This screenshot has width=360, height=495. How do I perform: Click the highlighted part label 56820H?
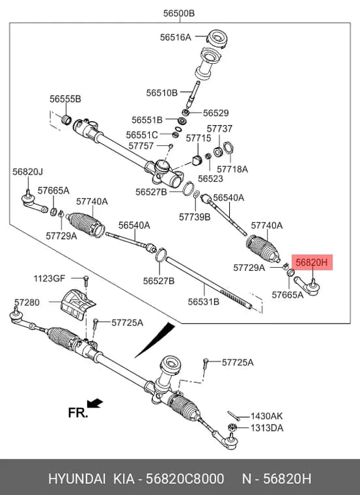click(x=312, y=262)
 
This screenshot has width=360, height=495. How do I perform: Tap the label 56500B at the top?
click(x=179, y=13)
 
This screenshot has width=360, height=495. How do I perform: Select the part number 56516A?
click(x=175, y=37)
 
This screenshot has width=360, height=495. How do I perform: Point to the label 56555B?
click(x=65, y=99)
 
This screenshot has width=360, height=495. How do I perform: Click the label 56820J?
click(x=28, y=172)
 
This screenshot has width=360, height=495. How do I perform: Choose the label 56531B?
click(x=204, y=302)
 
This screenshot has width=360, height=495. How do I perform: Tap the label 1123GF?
click(x=49, y=279)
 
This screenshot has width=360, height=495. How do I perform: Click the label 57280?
click(x=27, y=302)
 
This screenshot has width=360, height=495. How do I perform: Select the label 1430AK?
click(x=267, y=416)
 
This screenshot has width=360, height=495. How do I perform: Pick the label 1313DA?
click(x=267, y=428)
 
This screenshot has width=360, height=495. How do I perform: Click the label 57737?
click(x=219, y=129)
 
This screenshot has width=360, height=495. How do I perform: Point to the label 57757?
click(x=141, y=146)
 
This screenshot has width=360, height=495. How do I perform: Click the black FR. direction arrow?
click(x=95, y=403)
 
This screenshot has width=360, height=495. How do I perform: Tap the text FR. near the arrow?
click(x=77, y=412)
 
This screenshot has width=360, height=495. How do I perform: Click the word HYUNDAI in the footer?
click(x=77, y=479)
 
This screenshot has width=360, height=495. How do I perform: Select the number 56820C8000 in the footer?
click(x=185, y=479)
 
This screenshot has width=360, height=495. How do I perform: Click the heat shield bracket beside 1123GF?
click(x=77, y=303)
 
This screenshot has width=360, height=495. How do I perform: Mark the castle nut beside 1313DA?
click(x=232, y=427)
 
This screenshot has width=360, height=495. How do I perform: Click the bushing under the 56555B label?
click(x=66, y=120)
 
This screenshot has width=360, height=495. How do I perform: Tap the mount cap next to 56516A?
click(x=217, y=38)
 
